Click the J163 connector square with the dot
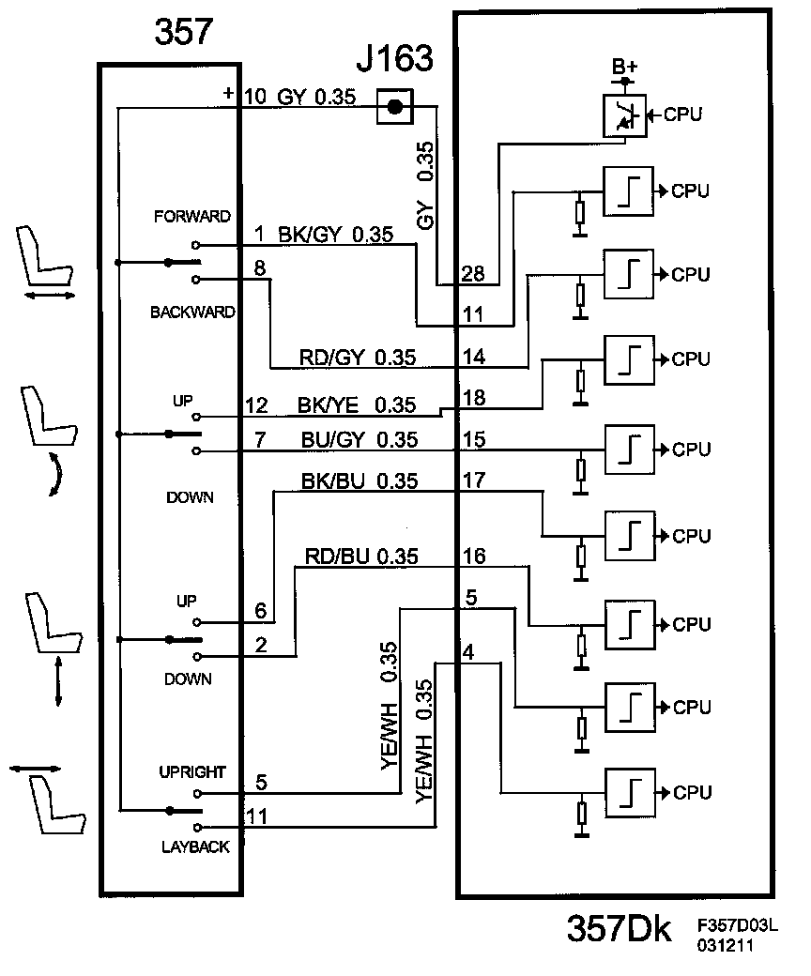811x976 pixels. point(394,107)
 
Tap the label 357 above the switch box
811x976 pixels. point(183,32)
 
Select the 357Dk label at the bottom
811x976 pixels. point(619,929)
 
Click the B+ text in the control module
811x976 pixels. point(624,66)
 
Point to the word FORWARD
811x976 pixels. point(191,217)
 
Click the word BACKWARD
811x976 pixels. point(192,312)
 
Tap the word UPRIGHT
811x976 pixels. point(191,771)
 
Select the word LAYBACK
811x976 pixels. point(195,846)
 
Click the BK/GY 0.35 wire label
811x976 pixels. point(335,235)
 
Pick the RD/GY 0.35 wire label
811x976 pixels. point(358,358)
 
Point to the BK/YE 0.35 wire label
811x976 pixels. point(356,405)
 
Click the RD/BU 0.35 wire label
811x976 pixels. point(361,556)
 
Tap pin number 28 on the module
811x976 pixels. point(473,273)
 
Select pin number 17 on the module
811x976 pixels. point(474,480)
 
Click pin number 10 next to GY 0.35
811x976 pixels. point(255,97)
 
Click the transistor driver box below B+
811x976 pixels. point(625,115)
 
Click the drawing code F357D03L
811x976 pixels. point(737,925)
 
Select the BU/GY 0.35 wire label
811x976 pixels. point(360,439)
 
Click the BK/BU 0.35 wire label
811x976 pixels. point(360,481)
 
